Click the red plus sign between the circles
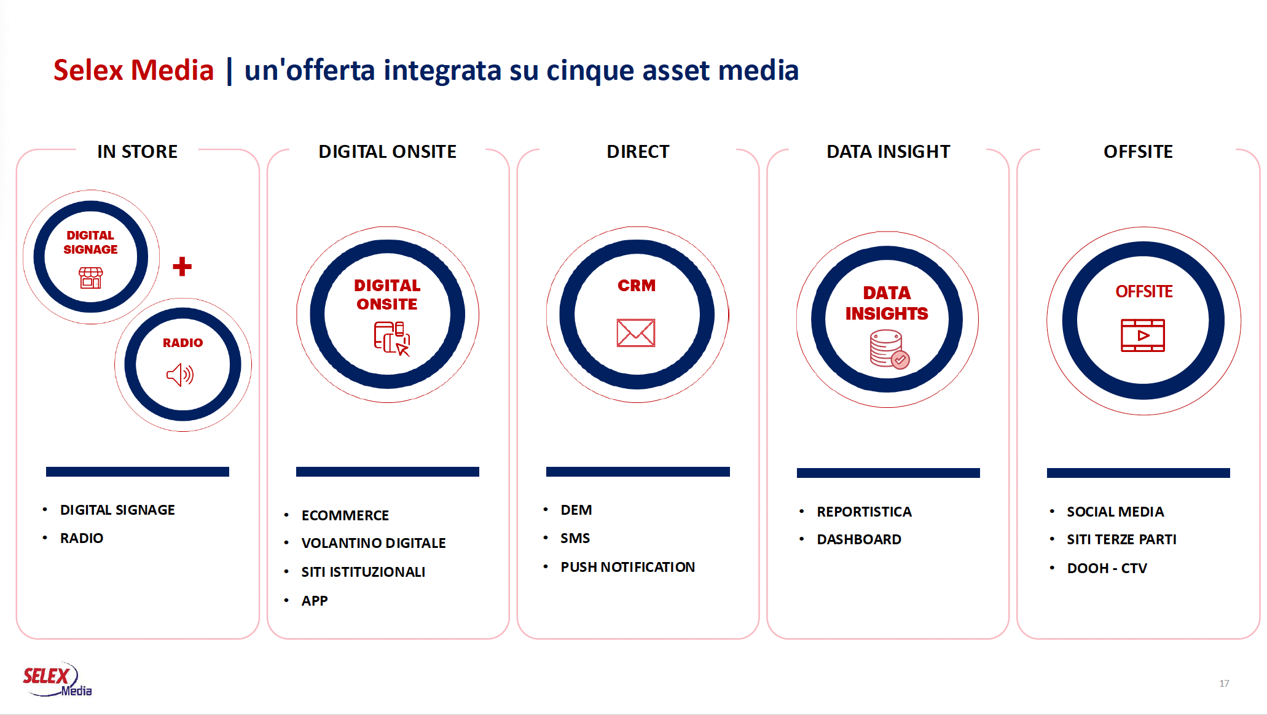point(182,266)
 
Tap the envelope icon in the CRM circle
point(636,333)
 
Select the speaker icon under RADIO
point(180,375)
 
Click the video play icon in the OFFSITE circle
point(1143,335)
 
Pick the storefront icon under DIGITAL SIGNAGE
point(90,278)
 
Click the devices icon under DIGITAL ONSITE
point(392,338)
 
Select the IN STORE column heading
point(138,152)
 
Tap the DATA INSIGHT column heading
point(888,152)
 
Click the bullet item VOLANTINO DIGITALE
point(374,543)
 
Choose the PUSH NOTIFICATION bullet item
point(627,567)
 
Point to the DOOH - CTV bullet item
point(1107,568)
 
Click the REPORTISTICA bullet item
point(864,512)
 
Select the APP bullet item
point(315,601)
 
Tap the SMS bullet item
point(575,538)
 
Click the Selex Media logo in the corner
point(57,679)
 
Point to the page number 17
point(1224,683)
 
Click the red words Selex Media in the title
point(133,70)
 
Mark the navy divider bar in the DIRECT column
point(638,472)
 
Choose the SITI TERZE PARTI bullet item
point(1121,539)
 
